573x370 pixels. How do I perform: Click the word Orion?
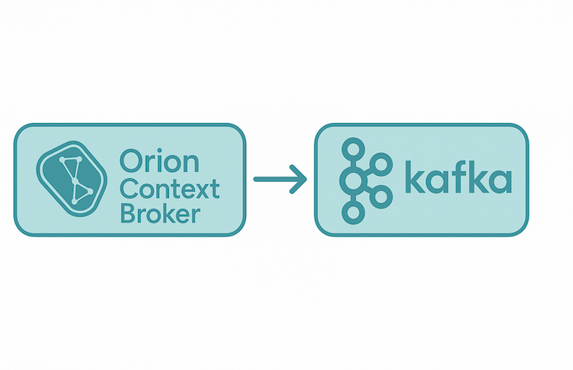(x=160, y=161)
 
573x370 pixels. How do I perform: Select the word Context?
(x=170, y=189)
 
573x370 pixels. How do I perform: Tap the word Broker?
(x=160, y=213)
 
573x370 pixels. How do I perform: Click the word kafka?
(x=458, y=177)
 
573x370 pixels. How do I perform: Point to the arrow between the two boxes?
(x=280, y=179)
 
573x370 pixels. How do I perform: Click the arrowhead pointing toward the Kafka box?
(x=299, y=179)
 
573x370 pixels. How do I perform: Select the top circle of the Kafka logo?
(x=354, y=149)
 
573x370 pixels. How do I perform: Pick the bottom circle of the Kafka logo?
(x=354, y=213)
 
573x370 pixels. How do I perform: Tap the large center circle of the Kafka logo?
(x=352, y=180)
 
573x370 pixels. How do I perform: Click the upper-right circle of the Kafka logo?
(x=381, y=164)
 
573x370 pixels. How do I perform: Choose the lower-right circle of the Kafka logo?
(x=381, y=197)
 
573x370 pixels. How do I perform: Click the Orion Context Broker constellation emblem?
(x=72, y=179)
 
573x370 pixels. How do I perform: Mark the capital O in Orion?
(x=131, y=161)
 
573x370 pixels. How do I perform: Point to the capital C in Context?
(x=130, y=189)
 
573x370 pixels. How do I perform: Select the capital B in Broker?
(x=128, y=213)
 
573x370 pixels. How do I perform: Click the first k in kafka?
(x=415, y=177)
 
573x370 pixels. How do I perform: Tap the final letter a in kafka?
(x=500, y=181)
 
